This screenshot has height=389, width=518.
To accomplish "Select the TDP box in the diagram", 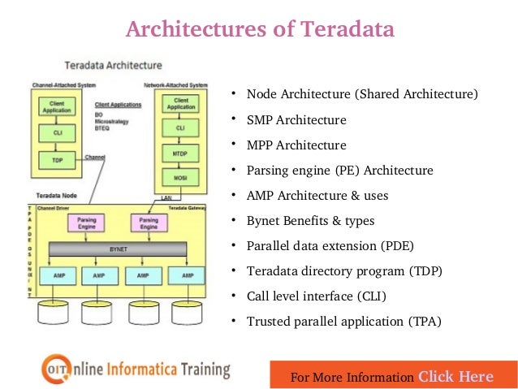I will [58, 161].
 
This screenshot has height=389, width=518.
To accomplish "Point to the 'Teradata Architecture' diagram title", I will [113, 65].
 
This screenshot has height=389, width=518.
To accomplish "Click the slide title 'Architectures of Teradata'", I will [259, 29].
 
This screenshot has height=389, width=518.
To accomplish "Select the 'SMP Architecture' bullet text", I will [296, 120].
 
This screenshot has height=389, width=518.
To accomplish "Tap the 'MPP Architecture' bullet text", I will [296, 145].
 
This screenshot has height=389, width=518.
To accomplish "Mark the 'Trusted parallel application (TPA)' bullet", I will [343, 322].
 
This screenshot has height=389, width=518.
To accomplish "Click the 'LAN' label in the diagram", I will [166, 197].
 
